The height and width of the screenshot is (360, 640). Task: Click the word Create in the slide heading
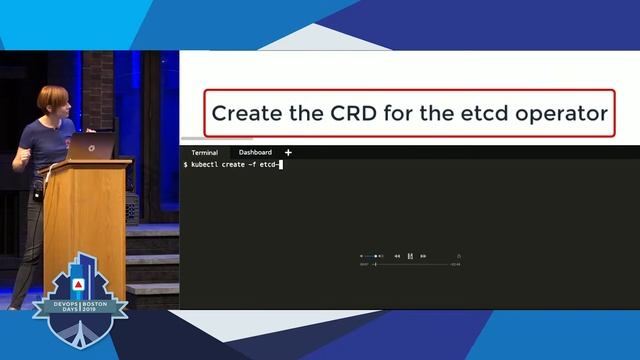pos(245,113)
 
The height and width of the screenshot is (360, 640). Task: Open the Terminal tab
pos(204,153)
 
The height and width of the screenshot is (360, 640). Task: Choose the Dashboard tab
pos(254,153)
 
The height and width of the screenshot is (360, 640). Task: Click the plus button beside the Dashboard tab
pos(289,153)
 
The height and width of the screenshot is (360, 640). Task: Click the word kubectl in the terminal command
pos(203,164)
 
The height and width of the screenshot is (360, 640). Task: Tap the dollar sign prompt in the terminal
pos(185,164)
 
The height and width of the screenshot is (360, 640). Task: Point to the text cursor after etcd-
pos(283,164)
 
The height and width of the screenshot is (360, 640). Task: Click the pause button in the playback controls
pos(410,256)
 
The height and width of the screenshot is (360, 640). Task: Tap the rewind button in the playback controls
pos(397,256)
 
